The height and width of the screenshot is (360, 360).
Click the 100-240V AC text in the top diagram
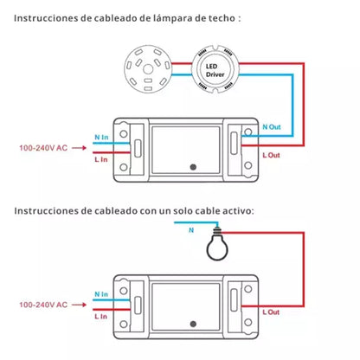[x=42, y=148]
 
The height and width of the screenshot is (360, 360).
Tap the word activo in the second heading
[x=238, y=209]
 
